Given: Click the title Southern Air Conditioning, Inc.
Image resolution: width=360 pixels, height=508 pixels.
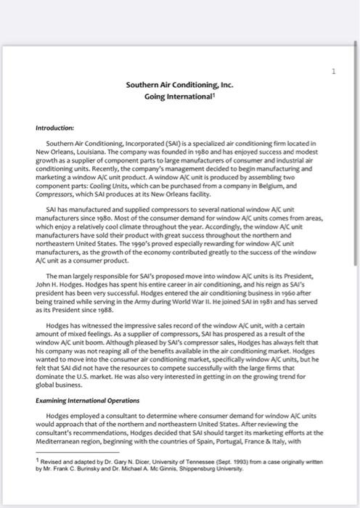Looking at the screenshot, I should (x=179, y=85).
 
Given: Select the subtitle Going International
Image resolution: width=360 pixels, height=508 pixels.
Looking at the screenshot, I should (x=179, y=96).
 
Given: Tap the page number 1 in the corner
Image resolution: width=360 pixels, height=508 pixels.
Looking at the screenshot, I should (x=332, y=70).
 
